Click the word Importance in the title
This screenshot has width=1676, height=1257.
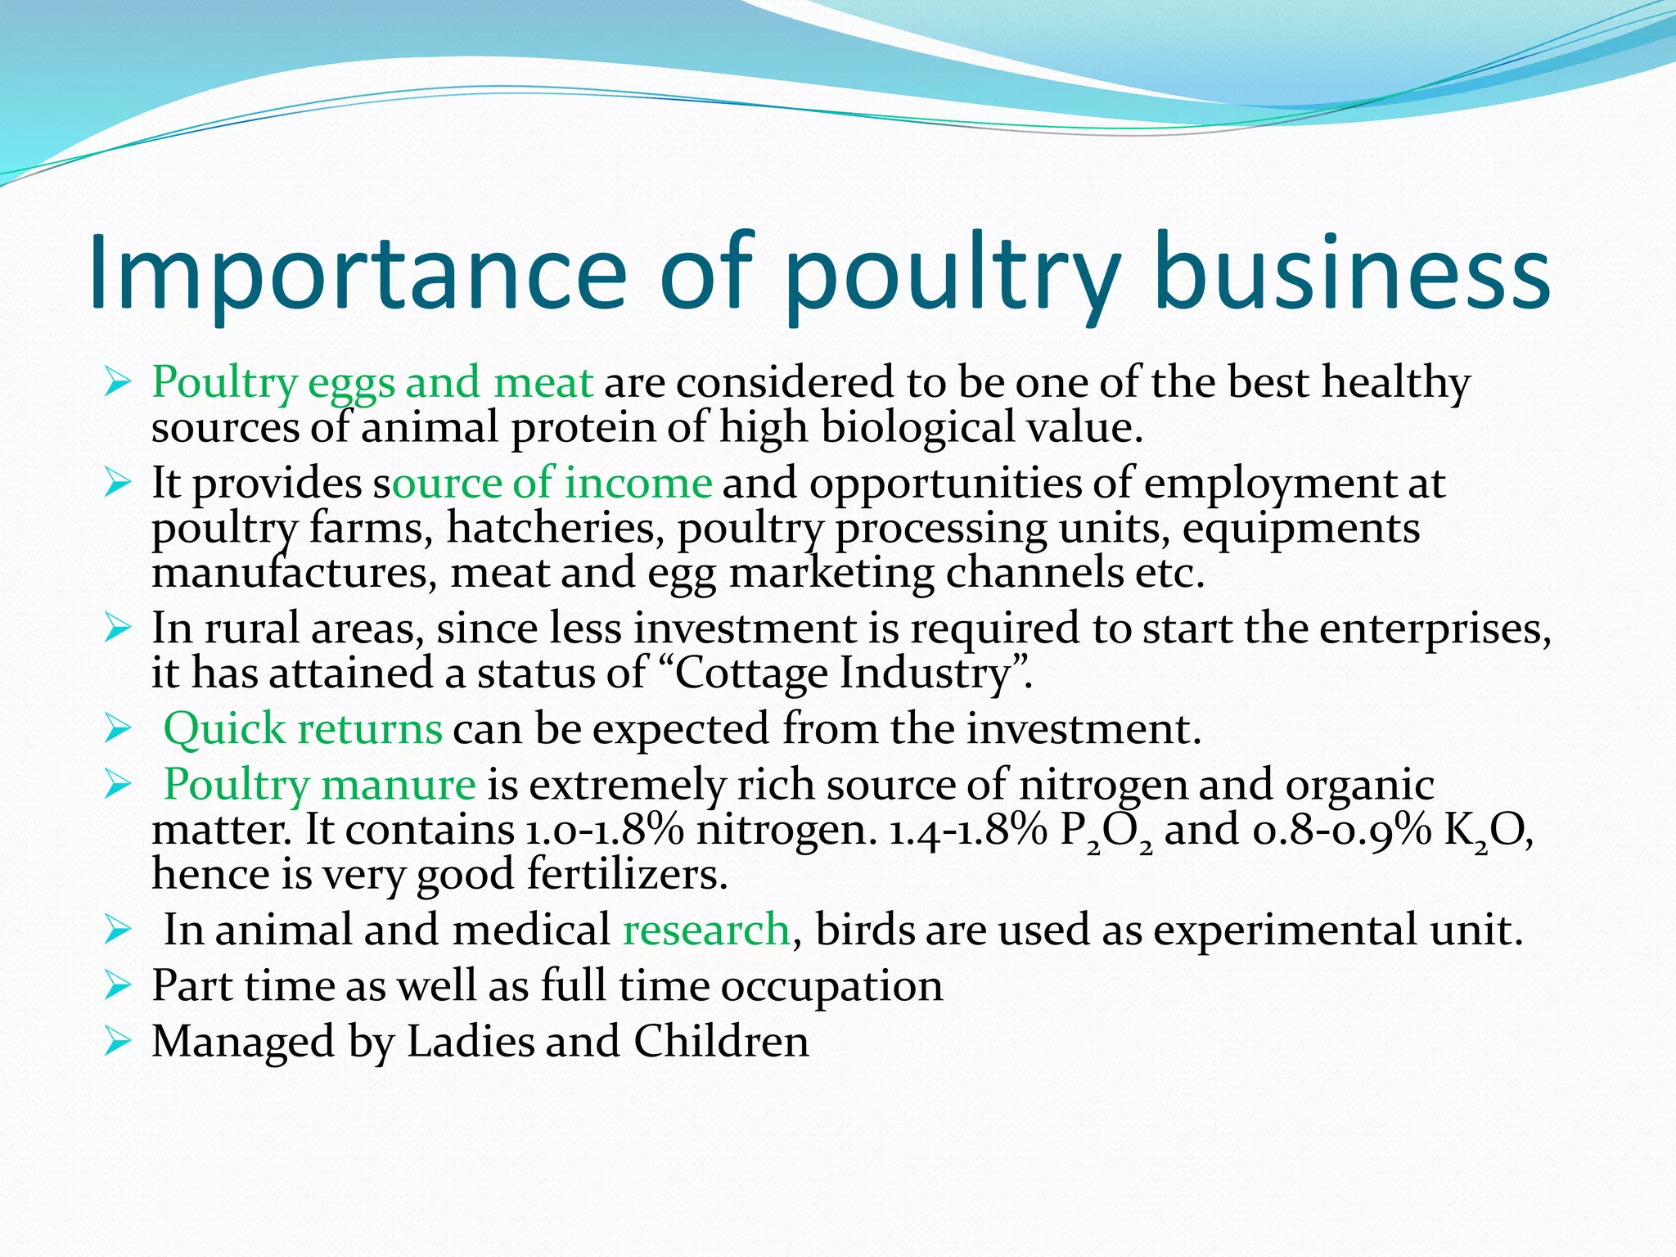tap(357, 273)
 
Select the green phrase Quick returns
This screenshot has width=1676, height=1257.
tap(303, 728)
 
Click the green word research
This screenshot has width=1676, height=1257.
tap(705, 930)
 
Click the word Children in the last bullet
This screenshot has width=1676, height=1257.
tap(721, 1042)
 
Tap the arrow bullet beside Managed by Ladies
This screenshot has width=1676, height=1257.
tap(118, 1043)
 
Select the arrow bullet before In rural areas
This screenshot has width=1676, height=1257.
tap(118, 629)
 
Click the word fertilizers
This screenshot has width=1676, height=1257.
tap(627, 874)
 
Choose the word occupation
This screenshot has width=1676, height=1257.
tap(831, 986)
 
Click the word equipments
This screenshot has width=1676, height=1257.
tap(1301, 528)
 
